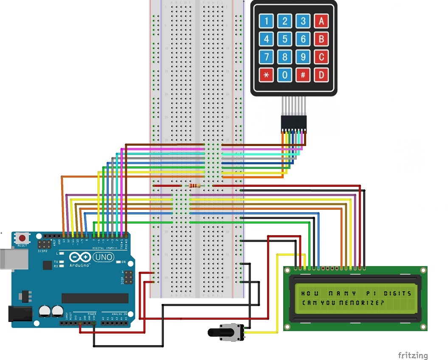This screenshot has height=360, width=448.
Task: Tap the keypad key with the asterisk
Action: pyautogui.click(x=267, y=75)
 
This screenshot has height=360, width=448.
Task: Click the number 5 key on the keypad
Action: pyautogui.click(x=285, y=39)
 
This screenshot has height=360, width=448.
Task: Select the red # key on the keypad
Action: pyautogui.click(x=303, y=75)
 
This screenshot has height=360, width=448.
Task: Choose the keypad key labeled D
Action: pyautogui.click(x=321, y=75)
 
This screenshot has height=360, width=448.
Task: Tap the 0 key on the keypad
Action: pyautogui.click(x=285, y=75)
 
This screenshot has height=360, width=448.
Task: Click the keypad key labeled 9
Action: pyautogui.click(x=303, y=57)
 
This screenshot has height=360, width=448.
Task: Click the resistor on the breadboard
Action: pyautogui.click(x=195, y=186)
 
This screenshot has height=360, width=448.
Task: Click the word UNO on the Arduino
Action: pyautogui.click(x=103, y=257)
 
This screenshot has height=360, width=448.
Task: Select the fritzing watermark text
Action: pyautogui.click(x=413, y=355)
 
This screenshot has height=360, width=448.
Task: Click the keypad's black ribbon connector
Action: pyautogui.click(x=293, y=123)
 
